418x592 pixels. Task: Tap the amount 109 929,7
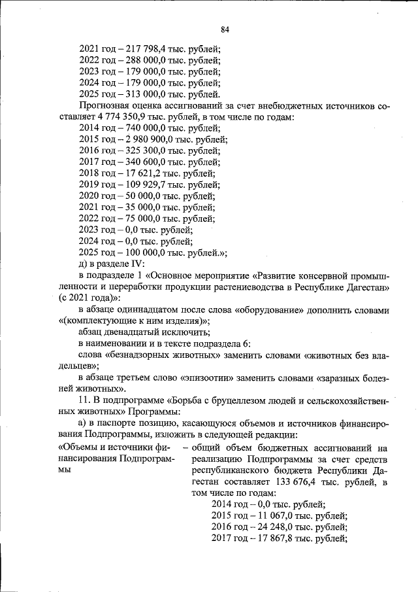click(x=139, y=186)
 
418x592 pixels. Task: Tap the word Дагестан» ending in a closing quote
click(x=364, y=287)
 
